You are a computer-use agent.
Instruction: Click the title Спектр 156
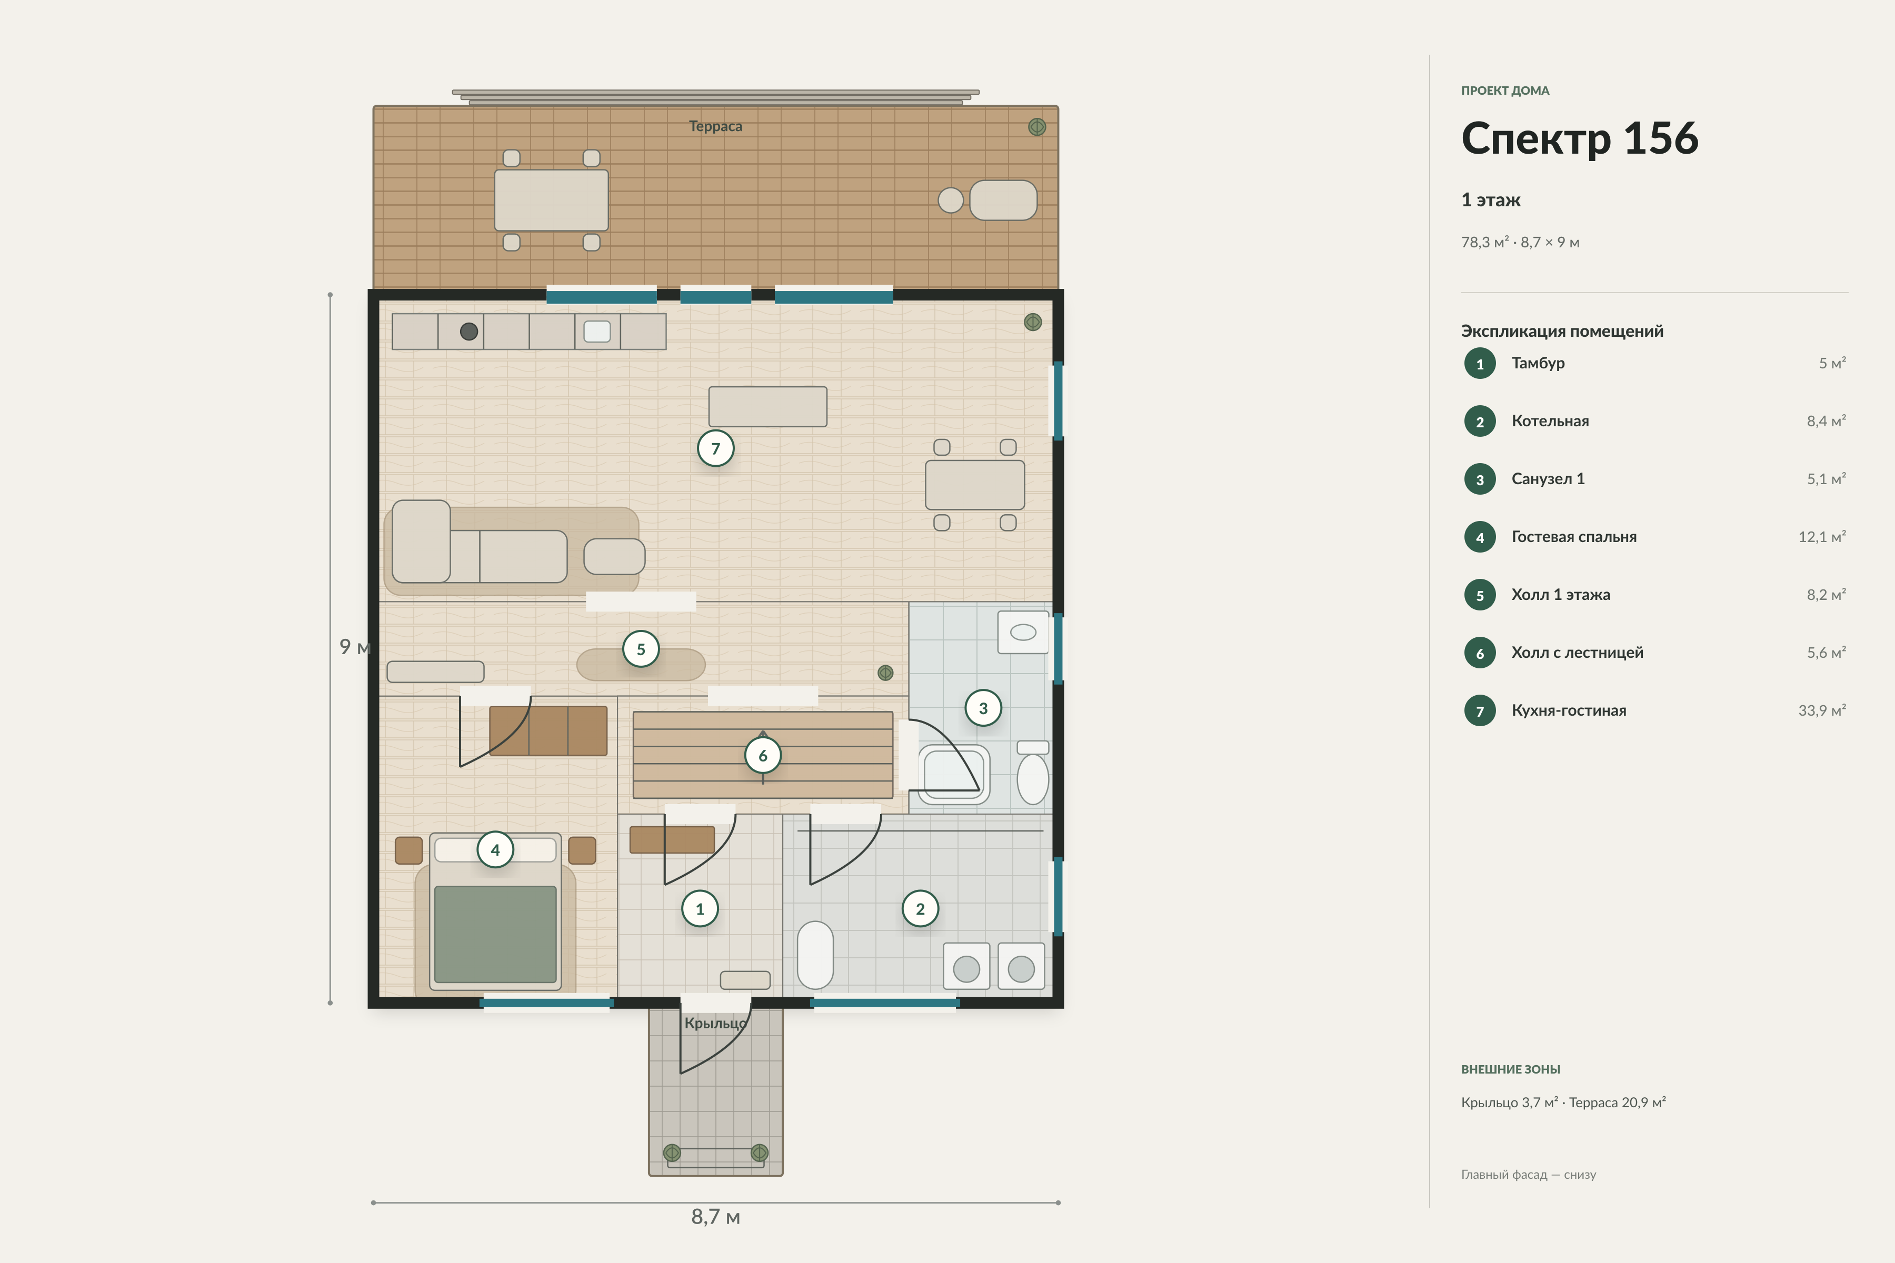coord(1579,138)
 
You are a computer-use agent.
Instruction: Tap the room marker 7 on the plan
coord(715,449)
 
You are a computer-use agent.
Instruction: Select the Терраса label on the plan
coord(715,126)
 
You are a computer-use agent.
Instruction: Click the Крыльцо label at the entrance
coord(715,1023)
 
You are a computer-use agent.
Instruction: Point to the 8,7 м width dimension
coord(715,1216)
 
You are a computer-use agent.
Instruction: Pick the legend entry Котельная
coord(1550,422)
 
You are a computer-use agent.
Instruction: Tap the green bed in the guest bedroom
coord(495,935)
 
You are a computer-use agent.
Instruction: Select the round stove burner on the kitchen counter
coord(469,331)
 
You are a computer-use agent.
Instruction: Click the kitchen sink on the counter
coord(597,331)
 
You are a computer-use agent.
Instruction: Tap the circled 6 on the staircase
coord(762,756)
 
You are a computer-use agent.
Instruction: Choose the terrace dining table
coord(551,200)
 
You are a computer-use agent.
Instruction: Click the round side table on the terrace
coord(951,200)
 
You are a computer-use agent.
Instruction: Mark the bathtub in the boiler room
coord(815,955)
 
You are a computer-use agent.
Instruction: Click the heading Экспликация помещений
coord(1561,331)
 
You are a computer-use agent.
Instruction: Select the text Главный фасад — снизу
coord(1529,1175)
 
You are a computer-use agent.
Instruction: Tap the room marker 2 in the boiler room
coord(920,909)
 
